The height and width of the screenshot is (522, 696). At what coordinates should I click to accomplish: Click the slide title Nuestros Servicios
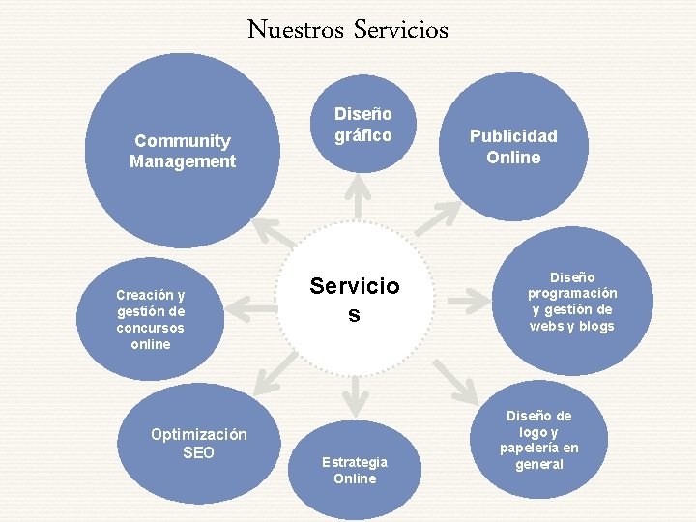coord(348,30)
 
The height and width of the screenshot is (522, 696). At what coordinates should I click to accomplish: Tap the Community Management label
coord(183,151)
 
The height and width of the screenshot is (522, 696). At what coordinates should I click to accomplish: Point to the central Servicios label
coord(354,300)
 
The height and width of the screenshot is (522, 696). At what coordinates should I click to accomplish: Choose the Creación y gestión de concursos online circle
coord(150,319)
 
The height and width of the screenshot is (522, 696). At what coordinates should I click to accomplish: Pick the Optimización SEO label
coord(198,444)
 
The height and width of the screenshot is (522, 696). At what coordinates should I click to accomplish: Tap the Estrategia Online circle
coord(355,470)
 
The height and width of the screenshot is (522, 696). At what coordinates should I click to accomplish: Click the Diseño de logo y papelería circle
coord(538,440)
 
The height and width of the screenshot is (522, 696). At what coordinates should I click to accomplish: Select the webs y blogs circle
coord(571,301)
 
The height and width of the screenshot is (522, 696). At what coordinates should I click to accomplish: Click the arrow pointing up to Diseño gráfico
coord(359,197)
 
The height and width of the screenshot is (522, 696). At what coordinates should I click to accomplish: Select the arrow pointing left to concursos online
coord(255,308)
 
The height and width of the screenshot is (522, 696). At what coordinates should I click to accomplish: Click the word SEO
coord(198,452)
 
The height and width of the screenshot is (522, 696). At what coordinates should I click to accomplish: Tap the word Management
coord(183,161)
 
